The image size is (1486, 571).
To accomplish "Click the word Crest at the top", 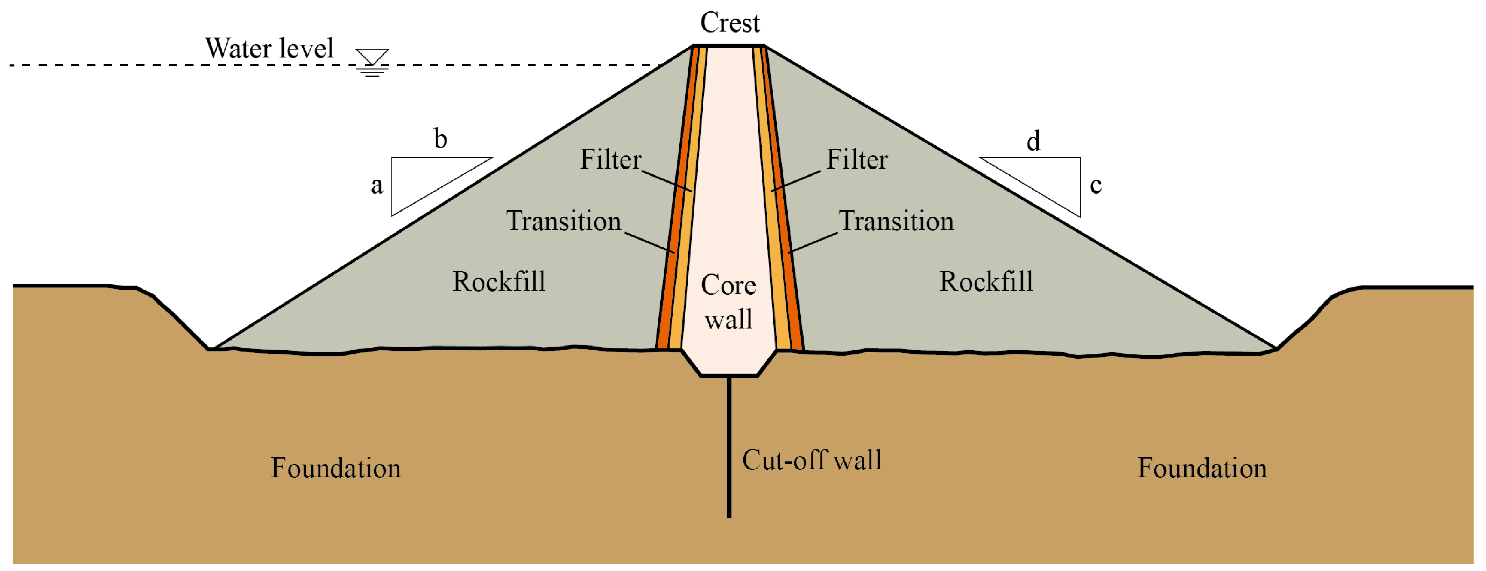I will click(730, 23).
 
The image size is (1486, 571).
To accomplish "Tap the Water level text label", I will click(269, 49).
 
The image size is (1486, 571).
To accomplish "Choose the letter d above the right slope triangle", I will click(1033, 141).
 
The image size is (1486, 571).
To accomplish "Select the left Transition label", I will click(564, 221).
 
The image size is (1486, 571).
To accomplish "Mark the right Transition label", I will click(896, 221).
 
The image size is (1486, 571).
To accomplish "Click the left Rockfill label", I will click(499, 281).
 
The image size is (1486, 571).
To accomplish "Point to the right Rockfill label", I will click(986, 281).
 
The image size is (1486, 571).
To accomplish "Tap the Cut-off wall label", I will click(812, 460).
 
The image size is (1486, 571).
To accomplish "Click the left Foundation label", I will click(336, 468).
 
